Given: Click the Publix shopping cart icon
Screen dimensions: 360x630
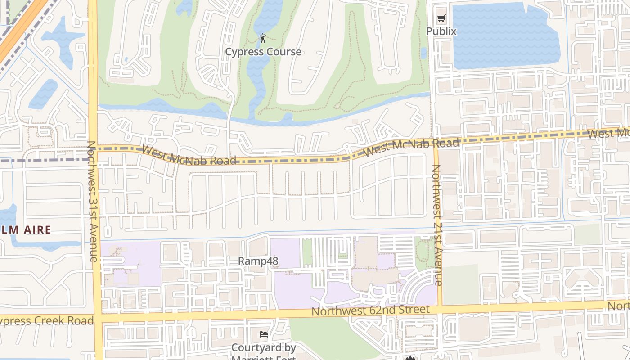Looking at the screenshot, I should tap(441, 18).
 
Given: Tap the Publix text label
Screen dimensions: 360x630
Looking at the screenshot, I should tap(441, 31).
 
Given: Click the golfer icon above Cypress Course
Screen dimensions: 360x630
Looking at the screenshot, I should tap(263, 39).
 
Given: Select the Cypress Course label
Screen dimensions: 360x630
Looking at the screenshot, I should tap(263, 52).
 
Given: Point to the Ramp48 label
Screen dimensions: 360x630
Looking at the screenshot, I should tap(258, 261).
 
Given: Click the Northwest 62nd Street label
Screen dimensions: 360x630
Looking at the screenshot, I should tap(370, 310).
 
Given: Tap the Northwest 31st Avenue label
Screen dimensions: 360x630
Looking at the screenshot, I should tap(92, 201).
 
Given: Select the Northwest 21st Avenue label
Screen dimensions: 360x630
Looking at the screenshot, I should tap(436, 225).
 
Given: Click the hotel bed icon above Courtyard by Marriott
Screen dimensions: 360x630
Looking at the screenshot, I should tap(264, 334).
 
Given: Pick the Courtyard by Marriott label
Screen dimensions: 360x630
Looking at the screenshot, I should tap(263, 348).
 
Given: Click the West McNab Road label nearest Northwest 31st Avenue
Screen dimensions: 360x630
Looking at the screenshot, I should tap(189, 155).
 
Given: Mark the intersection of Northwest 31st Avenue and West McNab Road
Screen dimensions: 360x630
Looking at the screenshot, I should tap(93, 148).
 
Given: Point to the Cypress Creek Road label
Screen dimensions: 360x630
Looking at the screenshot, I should tap(45, 321).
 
